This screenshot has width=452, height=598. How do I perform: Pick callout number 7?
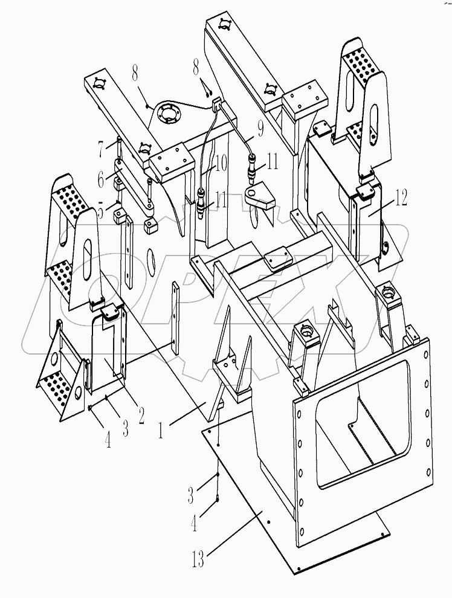coord(103,147)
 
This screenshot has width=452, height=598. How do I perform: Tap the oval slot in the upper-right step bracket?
coord(375,124)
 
